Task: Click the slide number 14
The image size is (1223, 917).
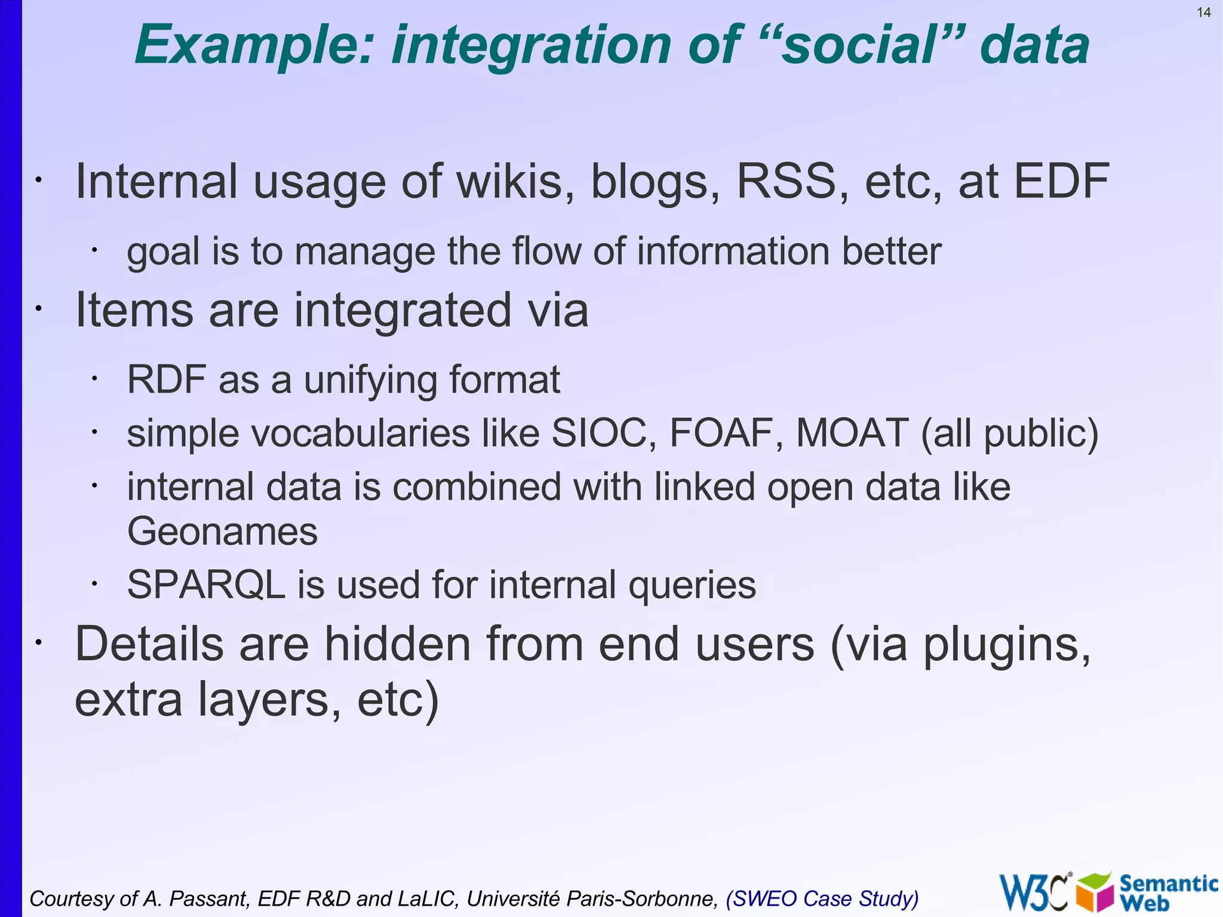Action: point(1203,13)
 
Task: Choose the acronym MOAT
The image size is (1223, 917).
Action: point(852,433)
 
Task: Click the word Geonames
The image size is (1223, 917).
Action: point(222,531)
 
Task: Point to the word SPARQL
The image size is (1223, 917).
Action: point(206,585)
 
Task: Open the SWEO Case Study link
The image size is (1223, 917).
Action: point(822,898)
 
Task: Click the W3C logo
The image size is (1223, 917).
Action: point(1035,892)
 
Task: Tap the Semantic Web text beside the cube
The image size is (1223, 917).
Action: point(1167,891)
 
